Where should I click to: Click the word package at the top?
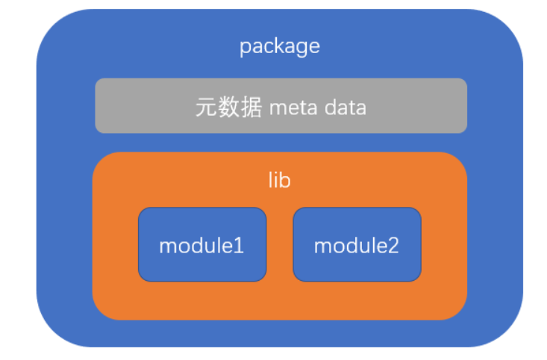pyautogui.click(x=279, y=46)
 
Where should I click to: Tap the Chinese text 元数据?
pyautogui.click(x=228, y=108)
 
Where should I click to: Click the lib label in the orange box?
pyautogui.click(x=279, y=180)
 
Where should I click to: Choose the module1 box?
pyautogui.click(x=201, y=244)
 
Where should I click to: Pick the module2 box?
pyautogui.click(x=357, y=244)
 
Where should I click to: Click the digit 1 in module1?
pyautogui.click(x=239, y=246)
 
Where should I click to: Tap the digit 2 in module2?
pyautogui.click(x=393, y=246)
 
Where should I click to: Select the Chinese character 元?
pyautogui.click(x=207, y=108)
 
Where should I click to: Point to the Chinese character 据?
pyautogui.click(x=251, y=108)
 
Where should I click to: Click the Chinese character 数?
pyautogui.click(x=228, y=108)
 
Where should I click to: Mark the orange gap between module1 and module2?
pyautogui.click(x=279, y=244)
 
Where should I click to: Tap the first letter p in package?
pyautogui.click(x=244, y=48)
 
